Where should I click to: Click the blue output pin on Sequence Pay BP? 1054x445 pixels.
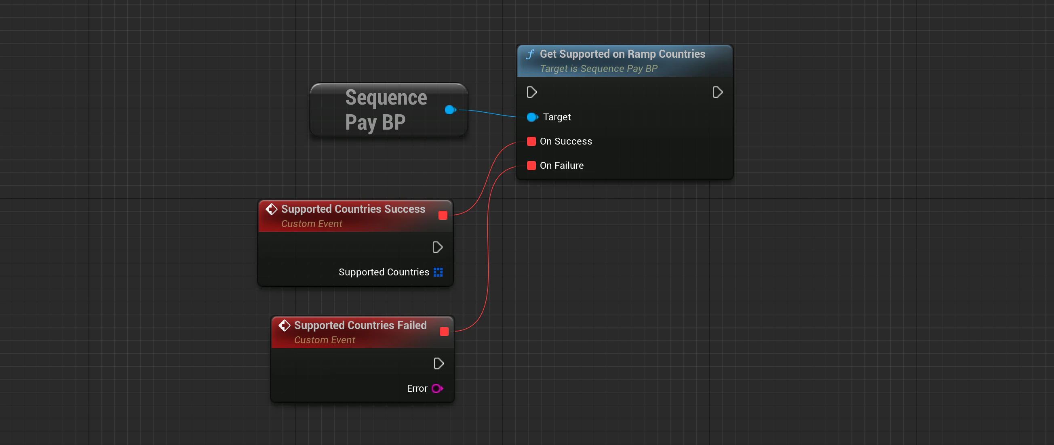pos(450,109)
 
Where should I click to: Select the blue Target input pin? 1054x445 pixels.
pos(532,117)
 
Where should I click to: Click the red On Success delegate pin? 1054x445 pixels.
pos(531,141)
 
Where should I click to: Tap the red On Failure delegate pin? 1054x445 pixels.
pos(531,165)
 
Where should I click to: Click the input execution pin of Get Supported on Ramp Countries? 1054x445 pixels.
pos(531,92)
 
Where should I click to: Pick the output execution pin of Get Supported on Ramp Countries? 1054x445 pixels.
pos(717,92)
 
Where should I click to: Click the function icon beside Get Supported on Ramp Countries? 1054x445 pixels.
pos(530,54)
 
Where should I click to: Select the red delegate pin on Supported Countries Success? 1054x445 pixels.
pos(442,215)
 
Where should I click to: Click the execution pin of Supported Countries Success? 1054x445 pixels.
pos(437,247)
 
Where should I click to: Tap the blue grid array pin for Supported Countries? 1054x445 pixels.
pos(438,272)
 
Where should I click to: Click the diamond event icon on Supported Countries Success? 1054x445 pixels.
pos(271,209)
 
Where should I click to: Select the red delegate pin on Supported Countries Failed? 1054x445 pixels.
pos(443,331)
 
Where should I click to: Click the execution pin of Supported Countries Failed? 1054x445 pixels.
pos(438,363)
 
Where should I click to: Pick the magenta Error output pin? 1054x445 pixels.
pos(436,388)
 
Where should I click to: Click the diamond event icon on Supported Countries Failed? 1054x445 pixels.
pos(285,325)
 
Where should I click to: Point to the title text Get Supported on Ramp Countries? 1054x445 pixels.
pos(622,54)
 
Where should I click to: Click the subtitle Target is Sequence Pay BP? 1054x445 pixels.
pos(598,69)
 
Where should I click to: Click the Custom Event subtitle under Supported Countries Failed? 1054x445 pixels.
pos(324,340)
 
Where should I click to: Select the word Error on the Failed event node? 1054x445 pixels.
pos(417,388)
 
